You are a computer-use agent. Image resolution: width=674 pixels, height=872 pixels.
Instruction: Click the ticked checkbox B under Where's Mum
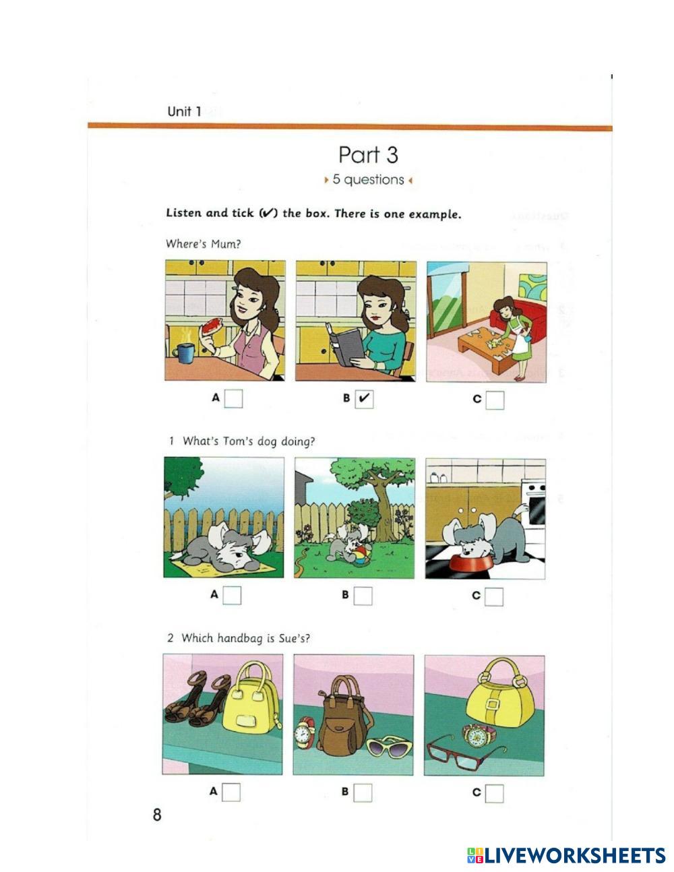364,399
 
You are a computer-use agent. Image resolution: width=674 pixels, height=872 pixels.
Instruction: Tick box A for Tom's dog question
232,595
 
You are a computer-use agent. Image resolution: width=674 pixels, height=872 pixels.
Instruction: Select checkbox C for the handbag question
494,793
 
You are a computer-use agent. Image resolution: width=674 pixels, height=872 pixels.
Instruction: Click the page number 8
157,815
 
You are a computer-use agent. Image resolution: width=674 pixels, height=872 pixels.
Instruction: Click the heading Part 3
368,155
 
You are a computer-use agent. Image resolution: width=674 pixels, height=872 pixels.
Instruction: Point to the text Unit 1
184,111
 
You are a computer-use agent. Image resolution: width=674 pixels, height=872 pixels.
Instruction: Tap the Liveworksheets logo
566,855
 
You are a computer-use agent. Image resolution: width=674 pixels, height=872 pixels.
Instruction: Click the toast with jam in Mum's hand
211,326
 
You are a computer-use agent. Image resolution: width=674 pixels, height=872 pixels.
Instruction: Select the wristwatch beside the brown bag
307,733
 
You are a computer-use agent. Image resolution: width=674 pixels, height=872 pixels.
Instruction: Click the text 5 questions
368,179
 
